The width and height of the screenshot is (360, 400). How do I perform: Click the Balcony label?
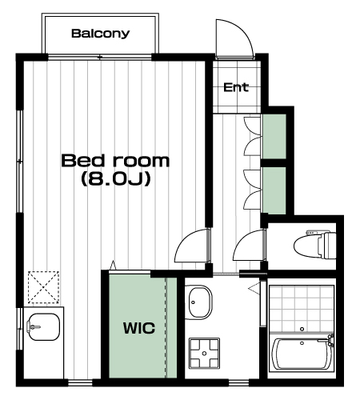click(x=100, y=34)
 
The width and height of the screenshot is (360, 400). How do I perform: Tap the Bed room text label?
click(x=115, y=161)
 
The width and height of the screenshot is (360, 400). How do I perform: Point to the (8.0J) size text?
click(x=116, y=179)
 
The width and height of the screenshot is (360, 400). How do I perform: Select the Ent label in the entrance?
click(x=236, y=87)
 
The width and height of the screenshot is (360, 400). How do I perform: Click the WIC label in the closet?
click(x=139, y=328)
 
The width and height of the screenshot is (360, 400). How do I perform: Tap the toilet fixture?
click(x=314, y=245)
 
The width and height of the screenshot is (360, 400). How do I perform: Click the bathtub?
click(x=302, y=354)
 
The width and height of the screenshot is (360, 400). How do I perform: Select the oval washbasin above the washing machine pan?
click(x=198, y=302)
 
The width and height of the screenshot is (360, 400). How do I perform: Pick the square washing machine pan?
click(x=204, y=354)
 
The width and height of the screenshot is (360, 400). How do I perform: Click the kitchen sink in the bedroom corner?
click(x=43, y=327)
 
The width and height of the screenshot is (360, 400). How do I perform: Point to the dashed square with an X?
click(x=43, y=287)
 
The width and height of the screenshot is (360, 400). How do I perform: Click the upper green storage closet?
click(x=274, y=137)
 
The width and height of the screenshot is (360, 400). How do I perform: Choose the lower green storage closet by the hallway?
click(x=274, y=190)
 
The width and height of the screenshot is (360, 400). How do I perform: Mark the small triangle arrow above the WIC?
click(x=113, y=265)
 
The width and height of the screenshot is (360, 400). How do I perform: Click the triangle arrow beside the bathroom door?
click(x=254, y=288)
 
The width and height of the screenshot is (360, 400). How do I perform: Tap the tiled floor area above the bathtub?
click(x=302, y=310)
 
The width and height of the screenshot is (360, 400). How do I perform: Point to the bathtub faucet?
click(x=330, y=340)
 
